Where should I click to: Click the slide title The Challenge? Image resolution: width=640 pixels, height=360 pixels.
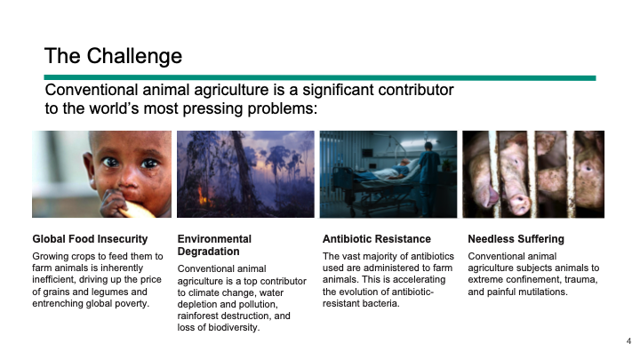pyautogui.click(x=113, y=56)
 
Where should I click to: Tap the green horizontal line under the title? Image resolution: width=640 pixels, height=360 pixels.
pyautogui.click(x=320, y=78)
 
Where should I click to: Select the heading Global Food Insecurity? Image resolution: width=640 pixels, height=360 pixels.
pyautogui.click(x=90, y=239)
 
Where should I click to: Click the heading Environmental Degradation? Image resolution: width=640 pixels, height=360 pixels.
pyautogui.click(x=214, y=245)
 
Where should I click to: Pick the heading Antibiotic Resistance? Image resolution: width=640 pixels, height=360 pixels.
pyautogui.click(x=376, y=239)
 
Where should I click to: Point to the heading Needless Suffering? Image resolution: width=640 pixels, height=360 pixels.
pyautogui.click(x=516, y=239)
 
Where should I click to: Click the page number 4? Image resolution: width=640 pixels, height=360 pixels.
pyautogui.click(x=628, y=340)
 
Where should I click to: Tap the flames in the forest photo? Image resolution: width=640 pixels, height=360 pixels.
pyautogui.click(x=203, y=196)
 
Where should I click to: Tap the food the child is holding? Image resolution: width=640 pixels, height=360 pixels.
pyautogui.click(x=137, y=210)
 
